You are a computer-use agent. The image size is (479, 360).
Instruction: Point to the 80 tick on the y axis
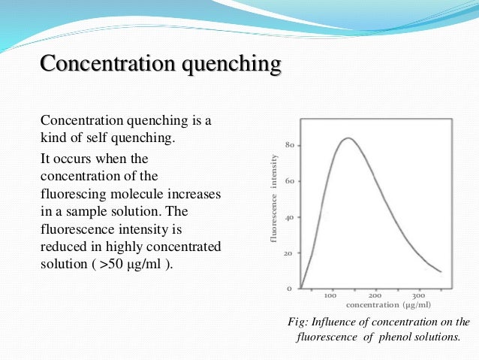(x=289, y=145)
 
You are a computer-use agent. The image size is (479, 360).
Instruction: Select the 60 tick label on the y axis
(x=289, y=181)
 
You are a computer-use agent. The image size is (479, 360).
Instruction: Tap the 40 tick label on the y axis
(x=289, y=217)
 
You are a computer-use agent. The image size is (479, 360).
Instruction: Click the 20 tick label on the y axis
(x=289, y=253)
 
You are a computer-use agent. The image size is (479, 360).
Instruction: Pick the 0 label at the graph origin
(x=290, y=289)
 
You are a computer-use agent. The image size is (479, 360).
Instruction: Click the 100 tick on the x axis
(x=330, y=296)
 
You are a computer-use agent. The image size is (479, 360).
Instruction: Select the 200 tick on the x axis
(x=375, y=296)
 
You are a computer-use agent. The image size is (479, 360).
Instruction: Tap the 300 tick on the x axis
(x=419, y=296)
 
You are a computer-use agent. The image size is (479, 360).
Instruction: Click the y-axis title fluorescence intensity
(x=274, y=198)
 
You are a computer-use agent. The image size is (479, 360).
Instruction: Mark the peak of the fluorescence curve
(x=348, y=138)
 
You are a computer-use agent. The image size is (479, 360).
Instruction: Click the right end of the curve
(x=441, y=272)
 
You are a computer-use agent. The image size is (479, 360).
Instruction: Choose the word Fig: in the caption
(x=300, y=322)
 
